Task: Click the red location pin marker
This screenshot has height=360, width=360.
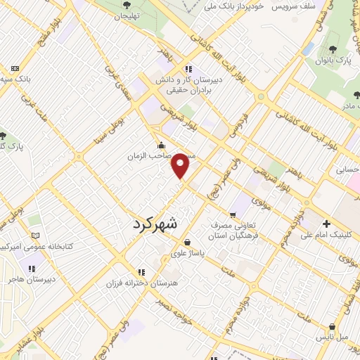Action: pos(181,166)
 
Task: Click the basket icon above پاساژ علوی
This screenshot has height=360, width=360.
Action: pos(187,242)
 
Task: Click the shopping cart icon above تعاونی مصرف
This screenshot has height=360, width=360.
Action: pos(233,214)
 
